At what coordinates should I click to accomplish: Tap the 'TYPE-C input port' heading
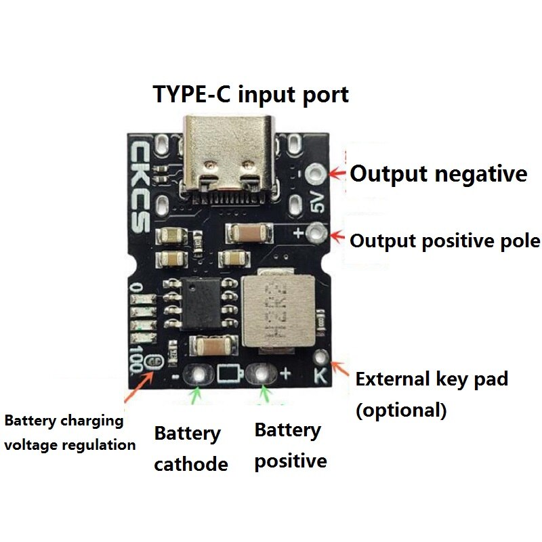click(251, 94)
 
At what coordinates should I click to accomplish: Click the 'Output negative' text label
click(438, 174)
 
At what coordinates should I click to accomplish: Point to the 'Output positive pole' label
click(444, 241)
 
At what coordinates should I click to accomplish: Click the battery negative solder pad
click(199, 373)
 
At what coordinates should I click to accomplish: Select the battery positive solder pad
click(261, 372)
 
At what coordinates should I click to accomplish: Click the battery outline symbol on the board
click(230, 373)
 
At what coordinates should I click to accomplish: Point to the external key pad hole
click(322, 356)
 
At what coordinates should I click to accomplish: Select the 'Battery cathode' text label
click(190, 449)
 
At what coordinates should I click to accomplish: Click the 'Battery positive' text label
click(290, 446)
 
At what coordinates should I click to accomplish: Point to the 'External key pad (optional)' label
click(432, 394)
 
